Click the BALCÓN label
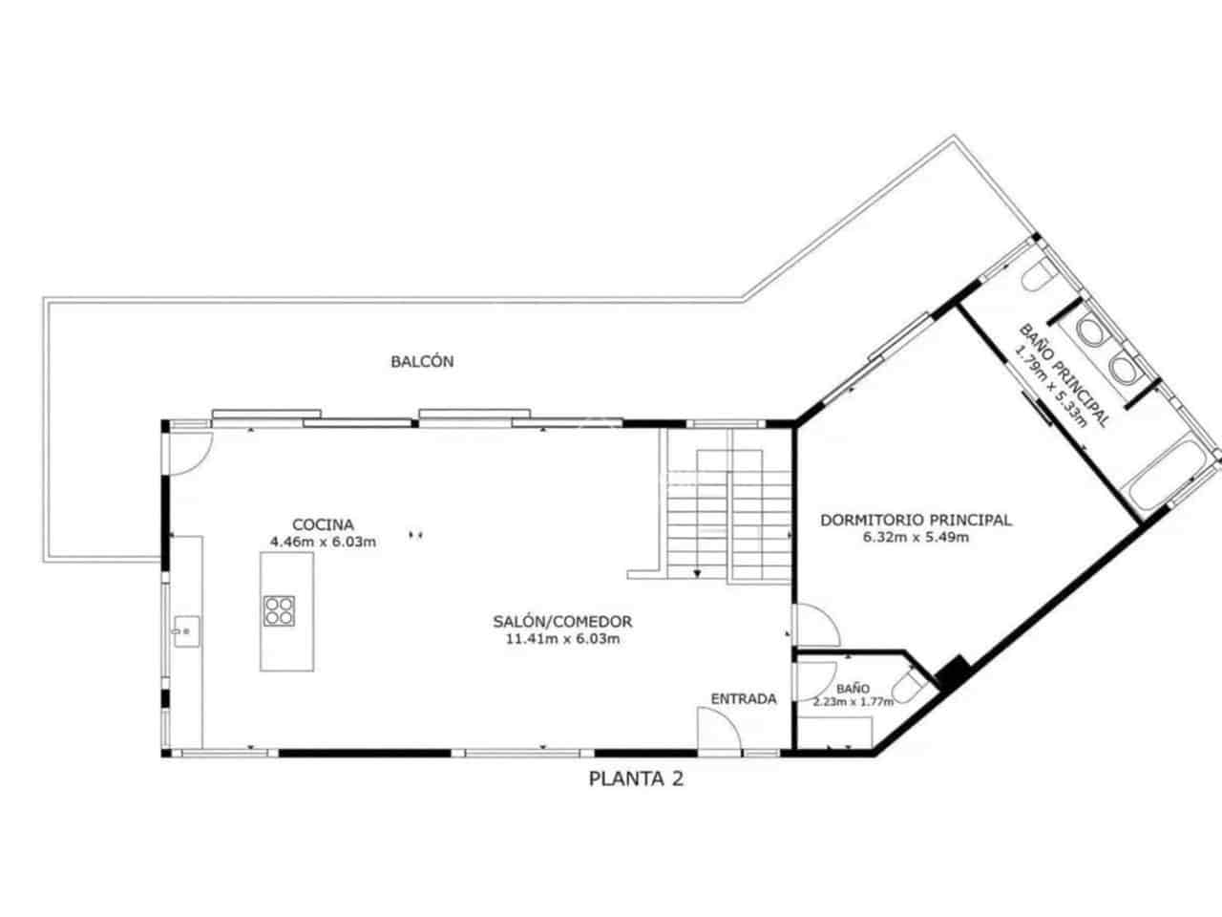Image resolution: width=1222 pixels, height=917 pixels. (422, 362)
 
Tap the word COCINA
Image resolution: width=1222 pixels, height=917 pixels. (323, 524)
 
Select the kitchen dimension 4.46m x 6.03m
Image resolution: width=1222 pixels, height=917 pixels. (323, 542)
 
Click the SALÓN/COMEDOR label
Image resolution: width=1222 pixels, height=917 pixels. (562, 622)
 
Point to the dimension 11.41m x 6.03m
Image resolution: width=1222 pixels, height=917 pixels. (562, 639)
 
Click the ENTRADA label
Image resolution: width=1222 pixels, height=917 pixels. (744, 699)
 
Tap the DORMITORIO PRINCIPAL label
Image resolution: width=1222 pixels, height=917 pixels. (916, 521)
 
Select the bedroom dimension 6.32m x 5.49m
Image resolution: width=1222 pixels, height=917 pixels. (916, 538)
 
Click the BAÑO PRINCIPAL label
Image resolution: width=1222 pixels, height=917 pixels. (1065, 374)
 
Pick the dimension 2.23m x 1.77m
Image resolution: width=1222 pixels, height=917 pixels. (853, 702)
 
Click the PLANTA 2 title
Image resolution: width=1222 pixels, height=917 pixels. (636, 779)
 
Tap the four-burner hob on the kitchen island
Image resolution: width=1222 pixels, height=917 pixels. (279, 610)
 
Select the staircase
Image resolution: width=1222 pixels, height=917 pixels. (728, 516)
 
